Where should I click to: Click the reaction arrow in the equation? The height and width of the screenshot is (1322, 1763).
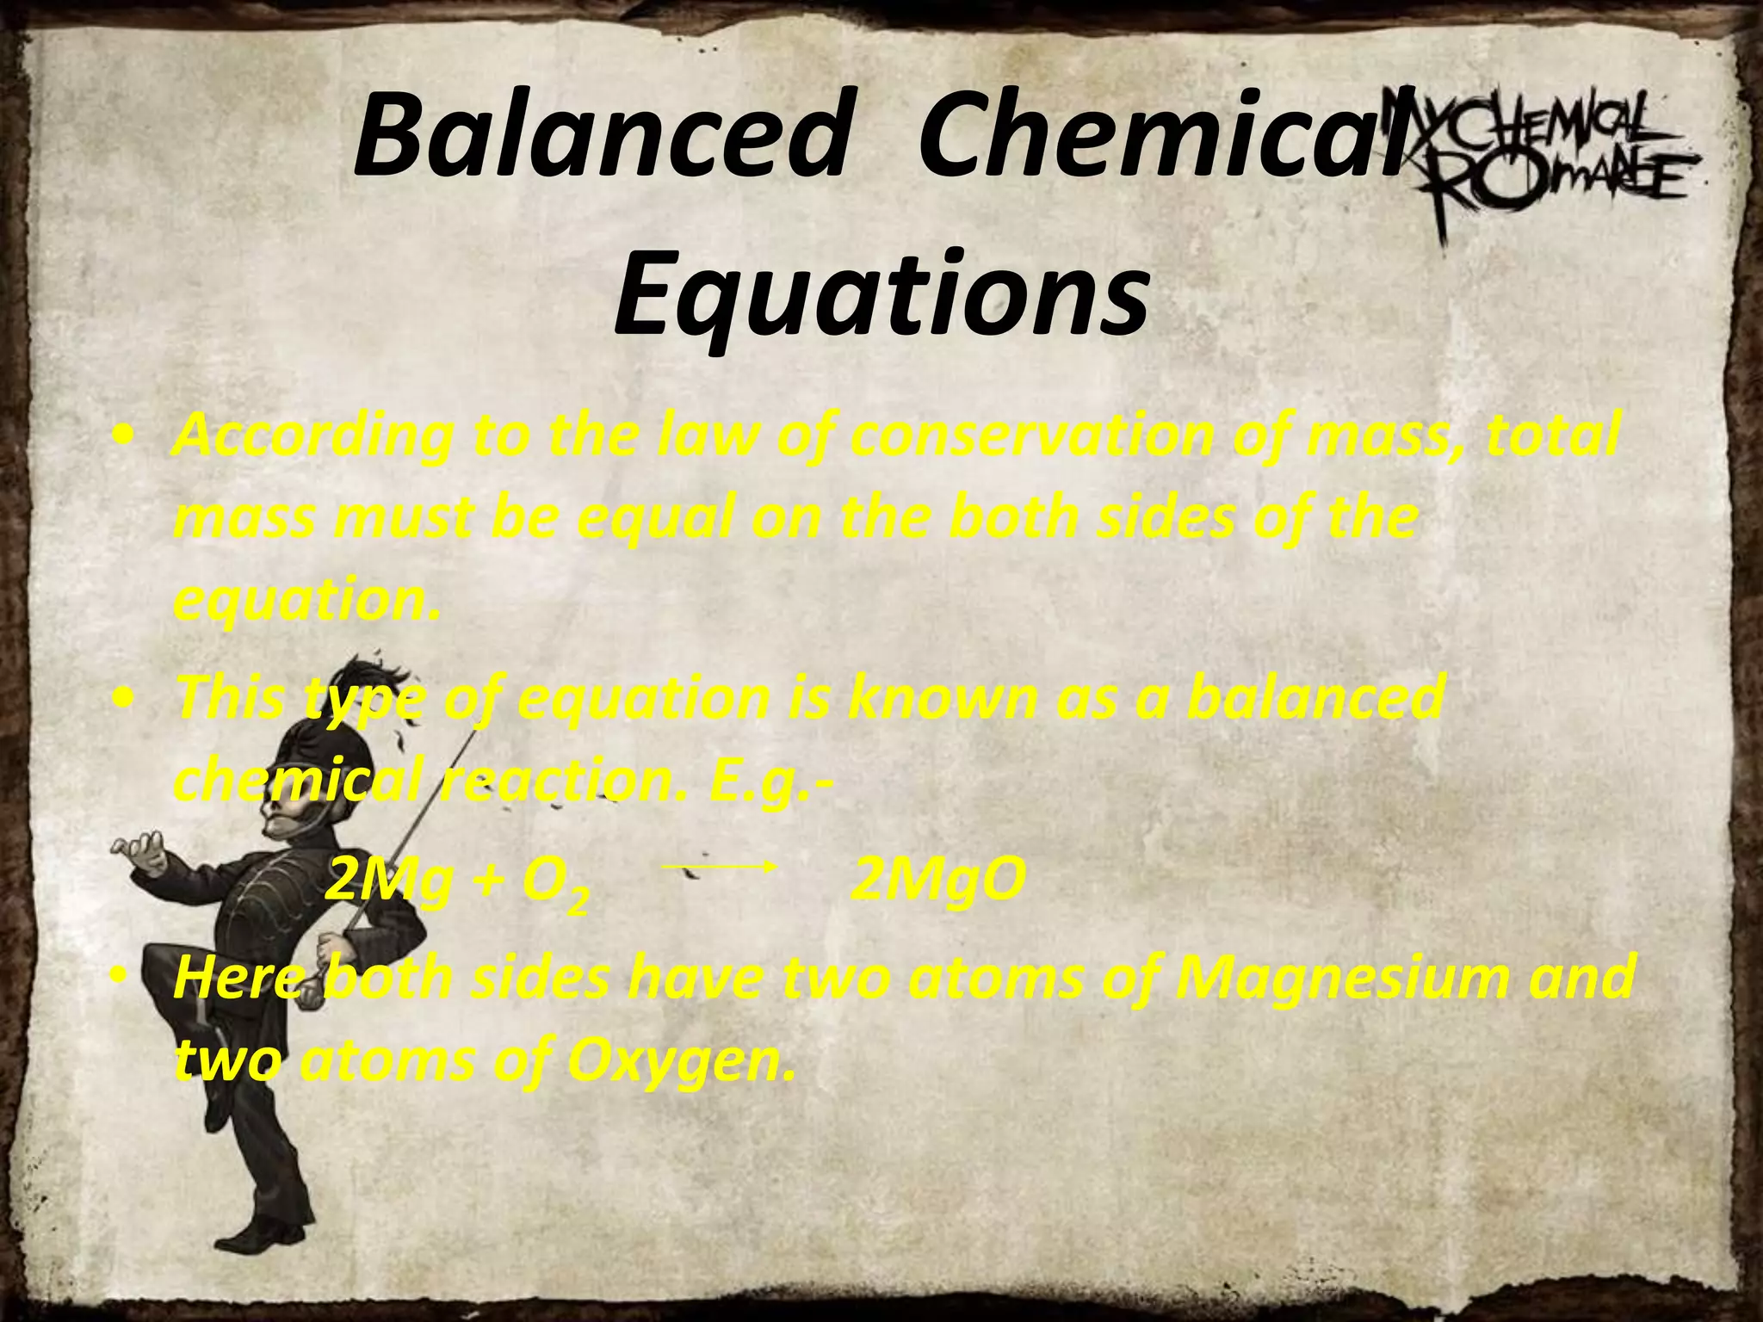(720, 868)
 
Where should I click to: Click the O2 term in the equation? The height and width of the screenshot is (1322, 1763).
(556, 885)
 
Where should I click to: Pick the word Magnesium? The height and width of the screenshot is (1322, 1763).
(1334, 978)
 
